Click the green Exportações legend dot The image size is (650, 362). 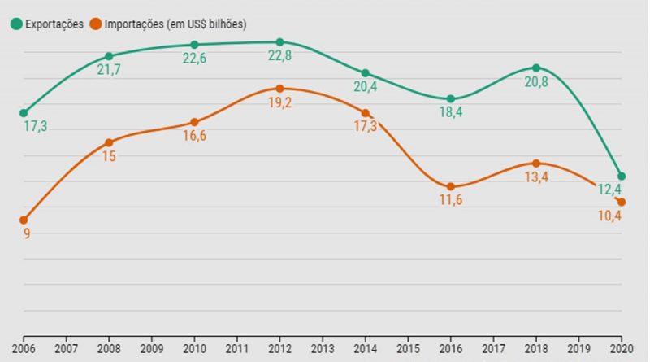[16, 24]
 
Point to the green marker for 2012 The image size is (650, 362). [279, 41]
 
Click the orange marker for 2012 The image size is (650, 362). [279, 88]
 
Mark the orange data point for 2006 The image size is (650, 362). [24, 220]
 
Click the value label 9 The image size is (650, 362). [27, 234]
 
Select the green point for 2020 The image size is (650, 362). [622, 176]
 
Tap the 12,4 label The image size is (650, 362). [610, 190]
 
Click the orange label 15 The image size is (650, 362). [109, 157]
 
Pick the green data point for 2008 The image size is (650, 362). [109, 56]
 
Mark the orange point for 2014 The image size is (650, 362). [366, 113]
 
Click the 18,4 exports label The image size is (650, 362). [451, 114]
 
